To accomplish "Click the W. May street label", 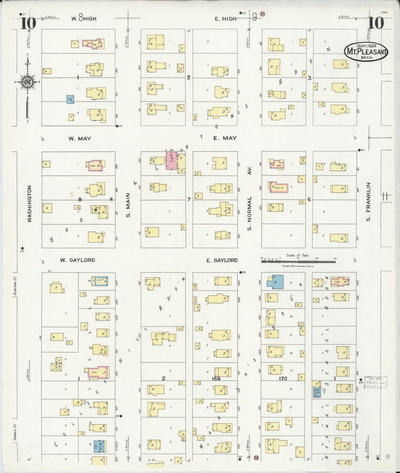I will pos(80,138).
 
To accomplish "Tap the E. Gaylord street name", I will pos(222,260).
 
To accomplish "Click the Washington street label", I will pos(30,204).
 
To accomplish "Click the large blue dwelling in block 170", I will pos(275,282).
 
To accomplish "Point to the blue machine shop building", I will pos(316,392).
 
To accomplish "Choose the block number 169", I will pos(216,378).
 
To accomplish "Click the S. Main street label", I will pos(128,205).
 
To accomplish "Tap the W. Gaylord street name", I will pos(78,260).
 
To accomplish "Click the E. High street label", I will pos(225,19).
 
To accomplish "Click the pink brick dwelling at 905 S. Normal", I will pos(279,188).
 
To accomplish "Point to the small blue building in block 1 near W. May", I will pos(70,99).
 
